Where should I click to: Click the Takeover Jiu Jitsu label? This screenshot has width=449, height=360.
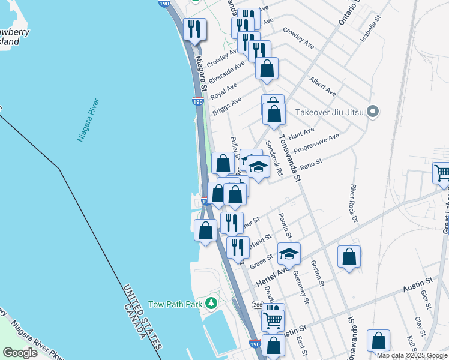tap(330, 112)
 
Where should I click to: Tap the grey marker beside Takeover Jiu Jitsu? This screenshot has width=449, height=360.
tap(373, 112)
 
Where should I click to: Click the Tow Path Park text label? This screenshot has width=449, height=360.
tap(175, 304)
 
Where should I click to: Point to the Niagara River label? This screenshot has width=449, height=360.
tap(88, 121)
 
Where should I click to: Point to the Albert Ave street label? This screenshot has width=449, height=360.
tap(322, 86)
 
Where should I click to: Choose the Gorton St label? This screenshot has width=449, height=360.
tap(317, 273)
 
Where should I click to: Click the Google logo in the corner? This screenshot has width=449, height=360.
tap(20, 353)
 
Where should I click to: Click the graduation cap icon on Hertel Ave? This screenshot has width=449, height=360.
tap(289, 253)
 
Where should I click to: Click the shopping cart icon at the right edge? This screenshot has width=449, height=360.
tap(442, 173)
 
